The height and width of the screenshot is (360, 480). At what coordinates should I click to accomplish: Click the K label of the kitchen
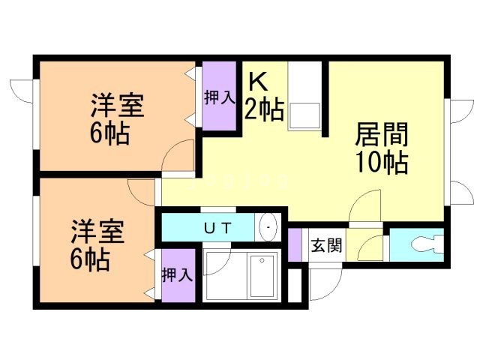[258, 82]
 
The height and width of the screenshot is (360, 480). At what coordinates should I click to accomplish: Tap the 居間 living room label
[382, 134]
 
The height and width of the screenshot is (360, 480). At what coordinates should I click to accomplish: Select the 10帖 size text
[382, 163]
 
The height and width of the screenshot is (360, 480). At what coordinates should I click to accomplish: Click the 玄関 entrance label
[326, 245]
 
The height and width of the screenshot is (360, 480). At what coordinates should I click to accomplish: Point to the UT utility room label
[217, 228]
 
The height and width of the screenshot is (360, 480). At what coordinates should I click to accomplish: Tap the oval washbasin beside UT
[268, 227]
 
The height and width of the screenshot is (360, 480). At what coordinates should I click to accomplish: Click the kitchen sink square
[304, 115]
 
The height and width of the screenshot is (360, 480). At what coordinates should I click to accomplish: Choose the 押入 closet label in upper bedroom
[220, 97]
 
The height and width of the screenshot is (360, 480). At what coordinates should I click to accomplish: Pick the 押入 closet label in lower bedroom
[178, 274]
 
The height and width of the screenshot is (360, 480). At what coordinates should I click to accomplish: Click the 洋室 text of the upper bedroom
[117, 106]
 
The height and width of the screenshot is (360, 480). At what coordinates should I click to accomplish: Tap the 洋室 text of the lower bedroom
[98, 231]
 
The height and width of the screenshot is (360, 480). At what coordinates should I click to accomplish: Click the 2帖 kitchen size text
[264, 110]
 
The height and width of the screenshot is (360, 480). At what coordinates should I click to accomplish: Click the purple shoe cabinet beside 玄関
[295, 245]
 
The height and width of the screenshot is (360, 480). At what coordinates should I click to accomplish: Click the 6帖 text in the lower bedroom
[90, 259]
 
